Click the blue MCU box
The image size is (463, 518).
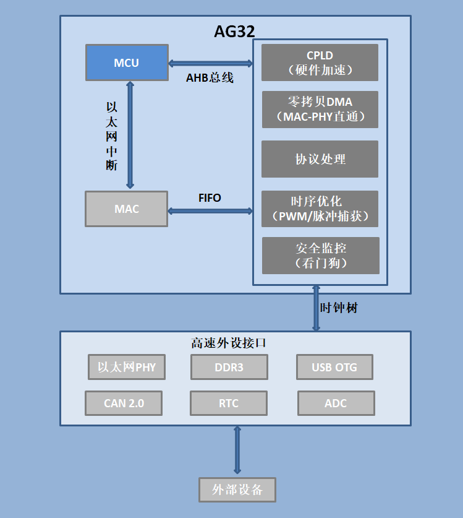coord(127,63)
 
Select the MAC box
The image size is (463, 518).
coord(126,209)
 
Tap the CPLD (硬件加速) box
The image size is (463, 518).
coord(320,63)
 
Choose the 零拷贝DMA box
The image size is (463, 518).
coord(320,110)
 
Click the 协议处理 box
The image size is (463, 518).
coord(320,159)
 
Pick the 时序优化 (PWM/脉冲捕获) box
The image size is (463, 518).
coord(320,209)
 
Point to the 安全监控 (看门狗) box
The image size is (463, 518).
coord(321,256)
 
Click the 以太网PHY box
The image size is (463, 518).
coord(127,367)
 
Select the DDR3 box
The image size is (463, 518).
coord(229,367)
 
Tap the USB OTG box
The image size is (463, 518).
coord(334,367)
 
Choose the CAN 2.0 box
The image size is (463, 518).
coord(124,403)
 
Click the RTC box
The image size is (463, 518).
coord(229,403)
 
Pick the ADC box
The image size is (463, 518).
coord(336,403)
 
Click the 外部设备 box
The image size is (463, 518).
coord(237,490)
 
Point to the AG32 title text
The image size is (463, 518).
coord(235,32)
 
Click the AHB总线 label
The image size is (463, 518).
coord(210,77)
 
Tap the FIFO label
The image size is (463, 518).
coord(210,198)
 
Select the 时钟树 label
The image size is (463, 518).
coord(339,308)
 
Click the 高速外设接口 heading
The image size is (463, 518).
coord(228,343)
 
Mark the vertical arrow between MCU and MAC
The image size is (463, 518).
coord(130,135)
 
